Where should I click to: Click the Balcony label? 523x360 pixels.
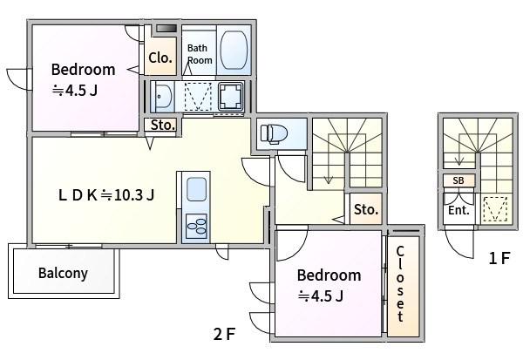[x=63, y=273]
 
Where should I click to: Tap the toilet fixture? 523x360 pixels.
[x=274, y=133]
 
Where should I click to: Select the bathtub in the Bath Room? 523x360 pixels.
[x=234, y=51]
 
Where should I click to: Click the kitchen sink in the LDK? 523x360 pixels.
[x=196, y=189]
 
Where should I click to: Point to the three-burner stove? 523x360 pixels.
[x=196, y=227]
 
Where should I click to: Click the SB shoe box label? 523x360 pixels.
[x=458, y=180]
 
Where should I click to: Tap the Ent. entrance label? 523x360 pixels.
[x=458, y=211]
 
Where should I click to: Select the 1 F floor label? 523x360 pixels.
[x=499, y=258]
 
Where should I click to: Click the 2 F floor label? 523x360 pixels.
[x=225, y=334]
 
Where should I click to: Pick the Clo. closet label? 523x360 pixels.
[x=160, y=58]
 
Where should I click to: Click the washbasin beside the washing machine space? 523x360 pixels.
[x=163, y=97]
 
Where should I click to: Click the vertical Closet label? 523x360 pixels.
[x=400, y=284]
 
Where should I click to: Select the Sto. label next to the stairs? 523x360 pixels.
[x=366, y=209]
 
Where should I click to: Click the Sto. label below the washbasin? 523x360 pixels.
[x=163, y=125]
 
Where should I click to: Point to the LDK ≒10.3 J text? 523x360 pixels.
[x=106, y=195]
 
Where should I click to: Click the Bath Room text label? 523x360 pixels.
[x=200, y=54]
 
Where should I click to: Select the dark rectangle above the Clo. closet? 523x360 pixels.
[x=166, y=29]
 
